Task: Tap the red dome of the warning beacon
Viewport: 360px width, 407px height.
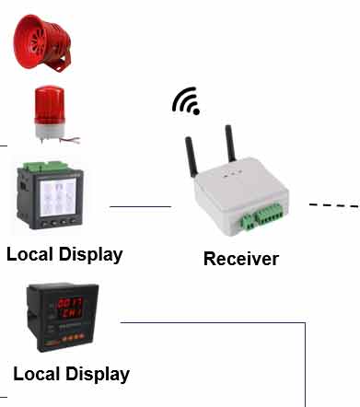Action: click(x=50, y=104)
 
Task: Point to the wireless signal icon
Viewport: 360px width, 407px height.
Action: click(x=187, y=101)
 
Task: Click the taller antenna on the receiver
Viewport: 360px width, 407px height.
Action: click(x=230, y=143)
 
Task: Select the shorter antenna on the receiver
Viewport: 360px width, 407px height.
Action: click(x=191, y=157)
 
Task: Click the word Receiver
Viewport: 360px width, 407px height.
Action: click(x=241, y=259)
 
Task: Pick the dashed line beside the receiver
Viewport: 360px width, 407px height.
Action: click(x=334, y=205)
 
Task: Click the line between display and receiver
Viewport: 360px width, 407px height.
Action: click(x=140, y=206)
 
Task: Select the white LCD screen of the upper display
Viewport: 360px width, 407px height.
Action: click(x=58, y=197)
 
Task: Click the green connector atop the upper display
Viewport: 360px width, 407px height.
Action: click(x=46, y=166)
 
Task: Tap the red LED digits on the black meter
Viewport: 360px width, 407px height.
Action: click(x=69, y=308)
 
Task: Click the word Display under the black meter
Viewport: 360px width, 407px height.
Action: click(x=98, y=374)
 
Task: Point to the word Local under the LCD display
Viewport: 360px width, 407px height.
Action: click(x=29, y=254)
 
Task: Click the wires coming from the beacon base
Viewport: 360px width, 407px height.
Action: click(x=70, y=140)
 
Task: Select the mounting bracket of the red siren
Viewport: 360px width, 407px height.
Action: click(x=62, y=63)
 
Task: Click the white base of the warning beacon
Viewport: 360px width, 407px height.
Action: click(x=49, y=130)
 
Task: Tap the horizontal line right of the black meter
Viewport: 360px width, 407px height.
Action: click(x=213, y=322)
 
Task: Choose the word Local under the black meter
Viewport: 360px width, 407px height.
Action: click(x=37, y=374)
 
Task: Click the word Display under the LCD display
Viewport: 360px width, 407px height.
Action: click(x=91, y=255)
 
